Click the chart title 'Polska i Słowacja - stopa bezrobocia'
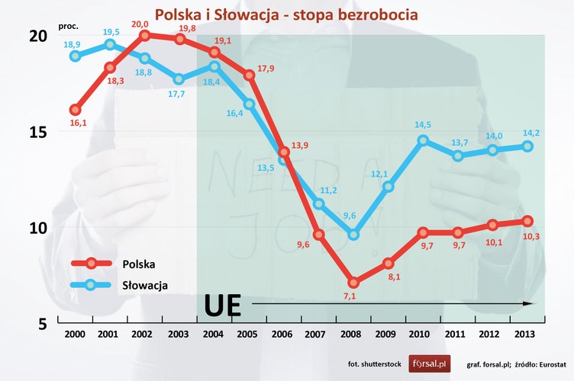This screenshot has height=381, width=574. tap(286, 14)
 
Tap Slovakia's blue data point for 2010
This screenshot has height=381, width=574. tap(423, 140)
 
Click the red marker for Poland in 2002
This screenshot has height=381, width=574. tap(144, 35)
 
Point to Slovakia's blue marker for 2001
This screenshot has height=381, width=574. tap(110, 44)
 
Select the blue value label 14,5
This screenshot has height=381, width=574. tap(422, 125)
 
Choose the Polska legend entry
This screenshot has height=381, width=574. tap(139, 264)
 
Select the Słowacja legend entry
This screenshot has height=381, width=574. tap(144, 285)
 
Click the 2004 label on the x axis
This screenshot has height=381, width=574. tap(214, 334)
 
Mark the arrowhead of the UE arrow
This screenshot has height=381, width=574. tap(528, 303)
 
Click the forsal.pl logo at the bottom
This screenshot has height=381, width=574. tap(430, 363)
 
